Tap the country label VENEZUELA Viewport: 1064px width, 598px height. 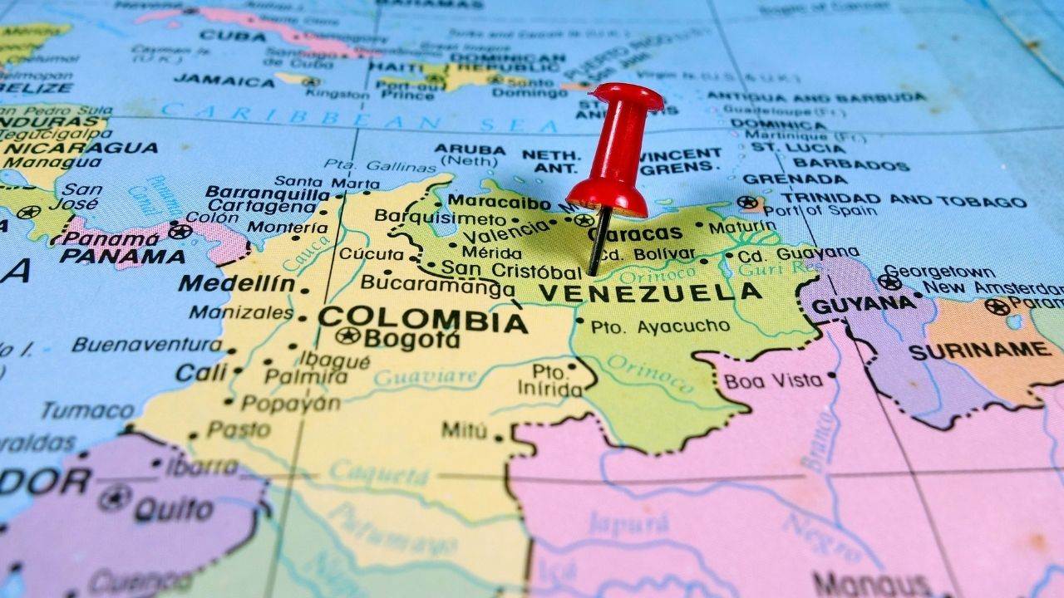click(x=650, y=292)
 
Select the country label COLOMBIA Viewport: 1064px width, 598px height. click(x=422, y=319)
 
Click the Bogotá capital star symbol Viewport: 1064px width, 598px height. click(x=347, y=336)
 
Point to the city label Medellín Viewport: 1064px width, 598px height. click(x=237, y=283)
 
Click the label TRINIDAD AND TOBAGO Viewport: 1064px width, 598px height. click(x=903, y=200)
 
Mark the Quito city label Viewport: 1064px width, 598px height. click(x=173, y=507)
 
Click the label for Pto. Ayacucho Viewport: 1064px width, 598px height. click(x=661, y=326)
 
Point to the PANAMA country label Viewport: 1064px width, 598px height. click(x=122, y=255)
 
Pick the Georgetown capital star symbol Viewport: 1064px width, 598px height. click(x=889, y=282)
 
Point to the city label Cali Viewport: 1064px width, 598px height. click(x=200, y=372)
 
